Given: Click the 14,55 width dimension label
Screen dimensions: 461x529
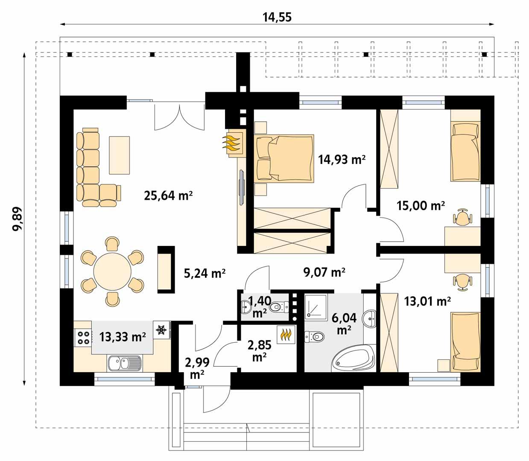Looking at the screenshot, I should point(277,17).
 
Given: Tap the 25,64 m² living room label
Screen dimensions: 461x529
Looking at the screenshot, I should point(168,196).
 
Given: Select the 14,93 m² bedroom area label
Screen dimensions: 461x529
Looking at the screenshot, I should point(342,160).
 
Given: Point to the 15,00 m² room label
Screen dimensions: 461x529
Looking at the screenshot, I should point(421,206).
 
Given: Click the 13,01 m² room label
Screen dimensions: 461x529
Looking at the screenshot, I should point(427,302).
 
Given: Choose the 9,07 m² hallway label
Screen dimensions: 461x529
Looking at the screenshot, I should point(324,272).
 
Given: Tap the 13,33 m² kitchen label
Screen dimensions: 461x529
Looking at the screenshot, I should point(123,337).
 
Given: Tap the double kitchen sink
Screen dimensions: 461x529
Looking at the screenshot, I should point(123,363).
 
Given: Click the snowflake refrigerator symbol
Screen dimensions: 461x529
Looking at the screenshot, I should point(161,330).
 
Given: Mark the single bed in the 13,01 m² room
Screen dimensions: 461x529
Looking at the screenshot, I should point(465,341).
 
